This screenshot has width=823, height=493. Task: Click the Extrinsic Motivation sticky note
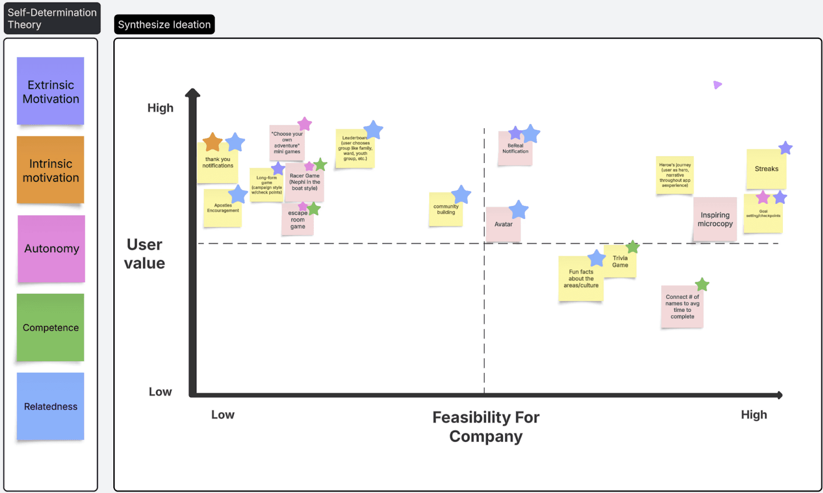pos(50,91)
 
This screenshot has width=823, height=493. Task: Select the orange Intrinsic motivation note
pos(50,170)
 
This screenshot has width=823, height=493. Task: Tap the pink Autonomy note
pos(51,249)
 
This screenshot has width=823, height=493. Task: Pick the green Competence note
pos(50,327)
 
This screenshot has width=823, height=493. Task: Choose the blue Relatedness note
pos(50,406)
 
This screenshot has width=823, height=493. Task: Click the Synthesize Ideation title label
pos(164,24)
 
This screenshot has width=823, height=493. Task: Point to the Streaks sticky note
pos(766,170)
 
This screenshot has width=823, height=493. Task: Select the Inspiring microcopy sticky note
pos(715,220)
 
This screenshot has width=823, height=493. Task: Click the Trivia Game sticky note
pos(620,262)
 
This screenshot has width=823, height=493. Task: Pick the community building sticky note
pos(445,210)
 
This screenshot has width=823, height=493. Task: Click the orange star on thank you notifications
pos(213,142)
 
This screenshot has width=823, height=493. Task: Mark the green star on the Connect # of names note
pos(702,284)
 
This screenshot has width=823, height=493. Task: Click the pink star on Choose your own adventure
pos(304,124)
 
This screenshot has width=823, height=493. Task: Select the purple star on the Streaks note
pos(785,148)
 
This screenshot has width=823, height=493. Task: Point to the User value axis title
pos(144,254)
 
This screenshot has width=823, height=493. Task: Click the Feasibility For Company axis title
pos(486,427)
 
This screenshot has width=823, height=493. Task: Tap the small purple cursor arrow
pos(717,85)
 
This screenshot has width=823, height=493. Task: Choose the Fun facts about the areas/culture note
pos(580,279)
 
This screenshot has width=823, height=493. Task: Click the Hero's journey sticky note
pos(674,175)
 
